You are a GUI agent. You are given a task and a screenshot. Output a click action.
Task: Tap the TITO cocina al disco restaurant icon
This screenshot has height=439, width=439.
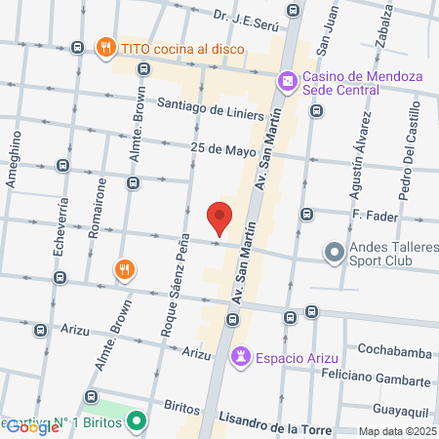pos(104,46)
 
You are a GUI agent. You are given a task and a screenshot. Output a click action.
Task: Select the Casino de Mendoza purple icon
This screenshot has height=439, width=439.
pos(287,81)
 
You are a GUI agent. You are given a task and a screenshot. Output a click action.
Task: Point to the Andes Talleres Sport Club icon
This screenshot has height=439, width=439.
pos(334,253)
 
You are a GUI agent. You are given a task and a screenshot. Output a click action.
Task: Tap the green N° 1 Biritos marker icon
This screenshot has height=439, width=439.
pos(138,422)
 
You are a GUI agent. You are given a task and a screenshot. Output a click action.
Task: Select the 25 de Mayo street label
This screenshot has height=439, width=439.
pos(218,148)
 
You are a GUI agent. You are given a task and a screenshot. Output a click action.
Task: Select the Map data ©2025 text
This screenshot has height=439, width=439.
pos(397,431)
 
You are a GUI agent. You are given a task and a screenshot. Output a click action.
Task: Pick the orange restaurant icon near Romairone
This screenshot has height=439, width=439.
pos(123,269)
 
